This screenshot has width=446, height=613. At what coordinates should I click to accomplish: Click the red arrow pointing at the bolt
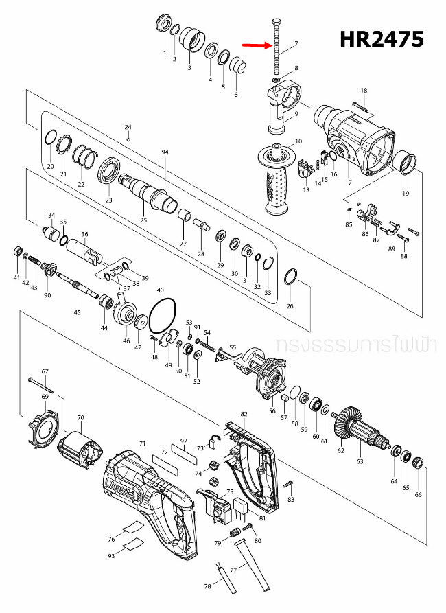tap(257, 47)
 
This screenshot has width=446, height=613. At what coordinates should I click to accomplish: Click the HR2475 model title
tap(382, 40)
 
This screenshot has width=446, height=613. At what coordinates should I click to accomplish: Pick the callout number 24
tap(128, 127)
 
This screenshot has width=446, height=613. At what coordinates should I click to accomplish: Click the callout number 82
tap(244, 415)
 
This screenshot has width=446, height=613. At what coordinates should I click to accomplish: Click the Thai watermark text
tap(354, 343)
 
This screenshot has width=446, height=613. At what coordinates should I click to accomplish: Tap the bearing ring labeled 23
tap(110, 170)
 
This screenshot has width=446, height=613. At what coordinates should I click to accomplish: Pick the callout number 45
tap(78, 313)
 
